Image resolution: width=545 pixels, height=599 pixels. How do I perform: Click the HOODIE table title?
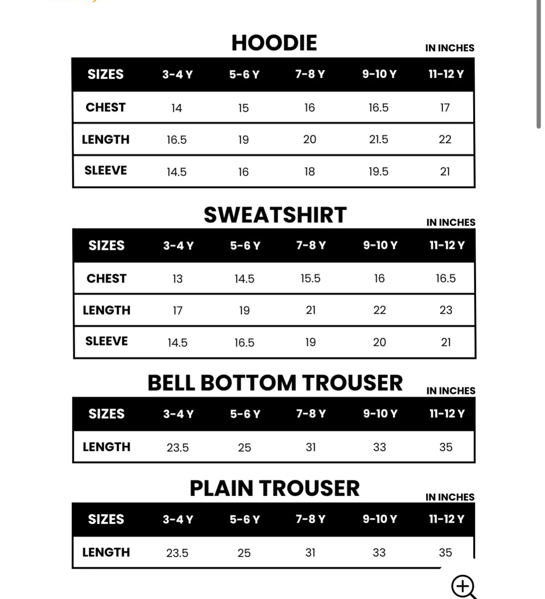274,43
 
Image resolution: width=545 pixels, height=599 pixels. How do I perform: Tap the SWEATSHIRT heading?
275,215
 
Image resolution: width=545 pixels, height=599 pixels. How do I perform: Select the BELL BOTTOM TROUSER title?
275,383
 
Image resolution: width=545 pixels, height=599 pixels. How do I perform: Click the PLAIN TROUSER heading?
274,488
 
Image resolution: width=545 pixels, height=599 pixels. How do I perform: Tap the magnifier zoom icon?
463,587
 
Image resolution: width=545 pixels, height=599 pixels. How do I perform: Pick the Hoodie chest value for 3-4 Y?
176,108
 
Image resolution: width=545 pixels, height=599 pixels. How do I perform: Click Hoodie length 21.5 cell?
379,140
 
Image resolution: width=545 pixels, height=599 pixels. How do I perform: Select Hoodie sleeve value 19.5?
379,172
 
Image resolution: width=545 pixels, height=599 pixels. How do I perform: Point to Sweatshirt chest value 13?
177,279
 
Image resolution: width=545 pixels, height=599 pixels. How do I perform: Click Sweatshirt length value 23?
446,310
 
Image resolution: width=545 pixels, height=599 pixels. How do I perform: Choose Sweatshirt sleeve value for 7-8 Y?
311,343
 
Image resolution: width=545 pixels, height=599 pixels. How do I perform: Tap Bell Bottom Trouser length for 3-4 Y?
177,448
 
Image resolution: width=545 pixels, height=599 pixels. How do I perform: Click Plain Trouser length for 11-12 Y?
445,553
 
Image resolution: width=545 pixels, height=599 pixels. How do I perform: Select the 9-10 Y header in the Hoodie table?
379,74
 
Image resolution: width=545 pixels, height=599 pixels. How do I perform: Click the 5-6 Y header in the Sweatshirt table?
245,246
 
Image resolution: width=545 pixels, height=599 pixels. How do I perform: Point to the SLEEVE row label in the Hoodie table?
106,171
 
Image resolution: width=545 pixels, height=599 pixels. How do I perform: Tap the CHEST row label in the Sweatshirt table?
107,279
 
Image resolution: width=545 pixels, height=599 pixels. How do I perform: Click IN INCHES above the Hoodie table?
449,48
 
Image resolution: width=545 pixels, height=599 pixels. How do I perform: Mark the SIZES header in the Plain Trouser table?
106,520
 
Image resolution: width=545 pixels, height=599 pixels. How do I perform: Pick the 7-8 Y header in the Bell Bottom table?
311,414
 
